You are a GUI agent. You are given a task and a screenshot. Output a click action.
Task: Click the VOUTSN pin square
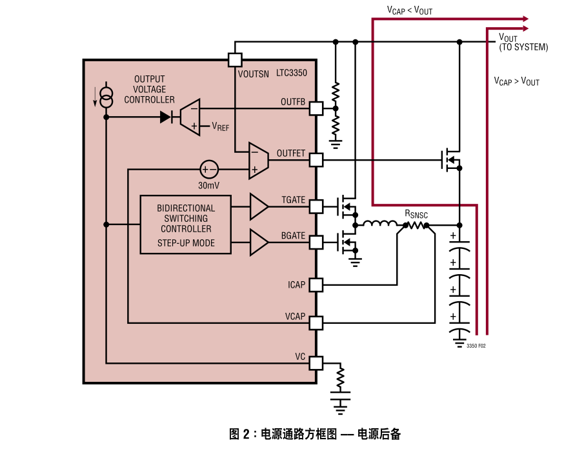tap(235, 60)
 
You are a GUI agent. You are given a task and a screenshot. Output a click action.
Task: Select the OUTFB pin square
tap(316, 108)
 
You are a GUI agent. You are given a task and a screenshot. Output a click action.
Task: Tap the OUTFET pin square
tap(316, 159)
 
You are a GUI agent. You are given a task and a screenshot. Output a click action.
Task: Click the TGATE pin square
tap(316, 206)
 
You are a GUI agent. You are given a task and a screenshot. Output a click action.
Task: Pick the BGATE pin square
tap(316, 243)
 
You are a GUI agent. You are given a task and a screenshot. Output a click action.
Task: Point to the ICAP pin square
tap(316, 284)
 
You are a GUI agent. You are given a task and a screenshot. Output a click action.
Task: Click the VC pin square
tap(316, 363)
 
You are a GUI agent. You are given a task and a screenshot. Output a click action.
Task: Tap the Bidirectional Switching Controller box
tap(186, 224)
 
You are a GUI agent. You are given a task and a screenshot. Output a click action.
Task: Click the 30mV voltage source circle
tap(208, 170)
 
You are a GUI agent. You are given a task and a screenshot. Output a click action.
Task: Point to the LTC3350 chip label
tap(292, 74)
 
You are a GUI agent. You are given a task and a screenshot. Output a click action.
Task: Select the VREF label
tap(220, 127)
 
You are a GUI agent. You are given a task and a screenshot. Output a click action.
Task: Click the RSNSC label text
tap(416, 213)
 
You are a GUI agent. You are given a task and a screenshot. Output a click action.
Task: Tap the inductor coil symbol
tap(380, 224)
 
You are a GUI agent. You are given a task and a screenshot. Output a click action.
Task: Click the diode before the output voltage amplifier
tap(166, 117)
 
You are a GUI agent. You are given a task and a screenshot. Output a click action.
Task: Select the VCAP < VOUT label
tap(410, 10)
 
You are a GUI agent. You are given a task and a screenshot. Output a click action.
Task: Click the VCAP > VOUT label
tap(516, 81)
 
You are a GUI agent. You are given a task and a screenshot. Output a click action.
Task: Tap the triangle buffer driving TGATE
tap(259, 206)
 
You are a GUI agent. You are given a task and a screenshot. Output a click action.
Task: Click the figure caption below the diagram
tap(315, 434)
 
